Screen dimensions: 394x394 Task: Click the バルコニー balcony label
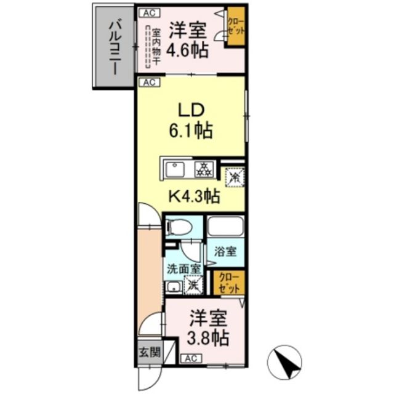(x=115, y=47)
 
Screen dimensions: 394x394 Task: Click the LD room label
(x=191, y=109)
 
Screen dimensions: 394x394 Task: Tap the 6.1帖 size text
(x=191, y=131)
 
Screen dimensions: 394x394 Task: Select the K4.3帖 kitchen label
(x=195, y=197)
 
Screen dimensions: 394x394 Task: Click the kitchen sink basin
(x=177, y=169)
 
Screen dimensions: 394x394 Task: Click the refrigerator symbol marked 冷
(x=234, y=177)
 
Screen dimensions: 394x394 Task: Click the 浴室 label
(x=225, y=251)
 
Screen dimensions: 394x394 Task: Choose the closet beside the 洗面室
(x=229, y=282)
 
